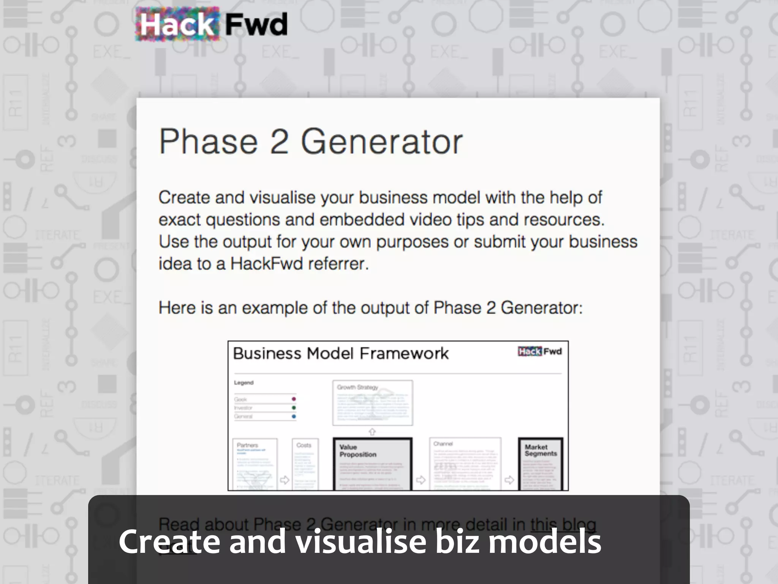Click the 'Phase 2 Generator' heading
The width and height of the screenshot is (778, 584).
pyautogui.click(x=310, y=141)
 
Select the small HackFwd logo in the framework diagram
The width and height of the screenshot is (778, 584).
pyautogui.click(x=539, y=351)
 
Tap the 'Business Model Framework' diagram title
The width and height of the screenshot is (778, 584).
pyautogui.click(x=340, y=353)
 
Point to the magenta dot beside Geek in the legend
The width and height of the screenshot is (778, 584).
pyautogui.click(x=294, y=399)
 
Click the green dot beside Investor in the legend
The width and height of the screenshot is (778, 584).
pyautogui.click(x=294, y=408)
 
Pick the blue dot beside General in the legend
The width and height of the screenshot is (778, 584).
pyautogui.click(x=294, y=416)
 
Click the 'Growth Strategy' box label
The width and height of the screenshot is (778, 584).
pyautogui.click(x=357, y=387)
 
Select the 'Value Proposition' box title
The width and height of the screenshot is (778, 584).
pyautogui.click(x=357, y=451)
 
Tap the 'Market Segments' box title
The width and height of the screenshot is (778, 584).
pyautogui.click(x=541, y=450)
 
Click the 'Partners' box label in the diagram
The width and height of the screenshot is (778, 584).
pyautogui.click(x=247, y=445)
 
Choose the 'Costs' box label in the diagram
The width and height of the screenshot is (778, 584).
pyautogui.click(x=304, y=445)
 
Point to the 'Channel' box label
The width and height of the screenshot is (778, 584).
pyautogui.click(x=443, y=444)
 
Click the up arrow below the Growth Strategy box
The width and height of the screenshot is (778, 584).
pyautogui.click(x=372, y=432)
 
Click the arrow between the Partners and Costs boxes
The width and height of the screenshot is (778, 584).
pyautogui.click(x=284, y=480)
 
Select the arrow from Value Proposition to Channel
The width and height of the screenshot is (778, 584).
pyautogui.click(x=421, y=480)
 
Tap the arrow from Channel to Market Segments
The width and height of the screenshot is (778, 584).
pyautogui.click(x=509, y=480)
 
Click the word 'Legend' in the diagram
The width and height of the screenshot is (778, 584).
pyautogui.click(x=244, y=382)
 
